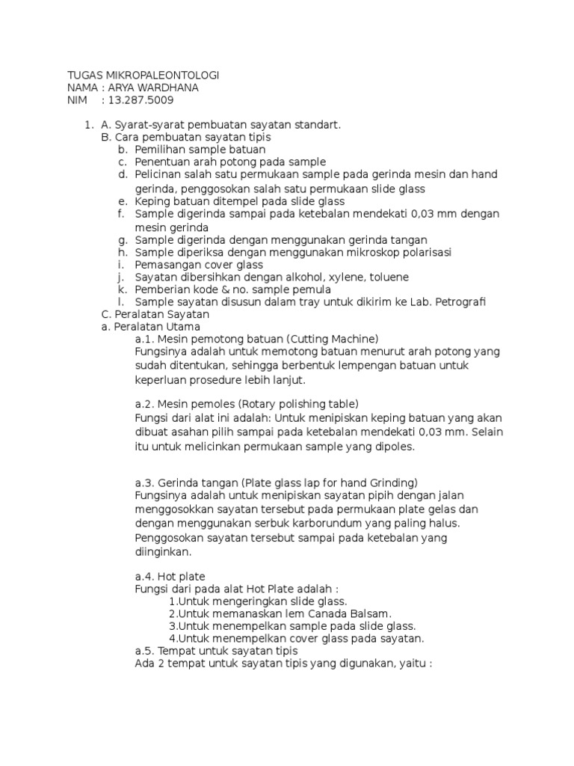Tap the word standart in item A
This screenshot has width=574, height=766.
tap(318, 125)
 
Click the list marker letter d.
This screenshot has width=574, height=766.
tap(123, 174)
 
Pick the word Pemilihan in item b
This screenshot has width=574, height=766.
tap(159, 150)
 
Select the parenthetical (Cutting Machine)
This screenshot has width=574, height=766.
tap(333, 338)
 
